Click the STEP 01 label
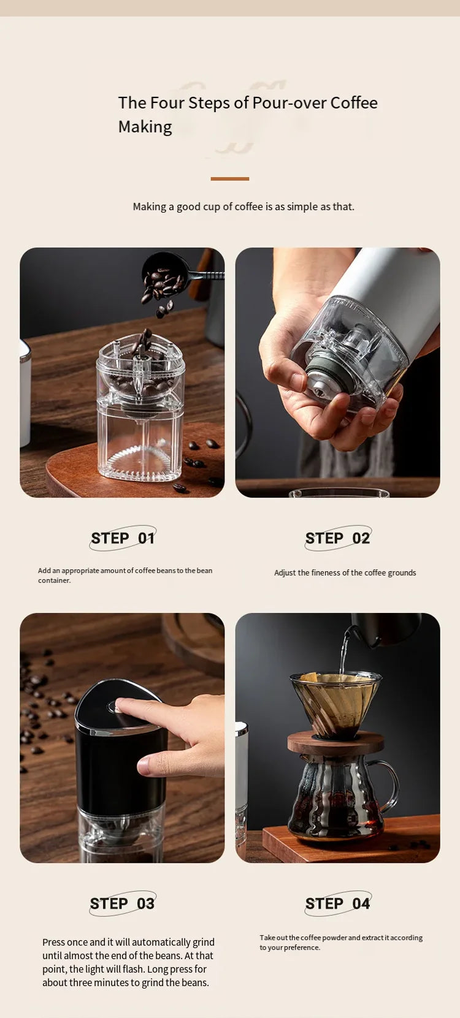point(123,538)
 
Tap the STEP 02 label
point(338,538)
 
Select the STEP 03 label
point(123,903)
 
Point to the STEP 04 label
point(338,903)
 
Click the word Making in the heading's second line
point(145,127)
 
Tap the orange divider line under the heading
point(230,179)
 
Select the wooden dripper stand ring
point(335,743)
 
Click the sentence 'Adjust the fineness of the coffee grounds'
point(345,573)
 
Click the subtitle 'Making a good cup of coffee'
point(243,207)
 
